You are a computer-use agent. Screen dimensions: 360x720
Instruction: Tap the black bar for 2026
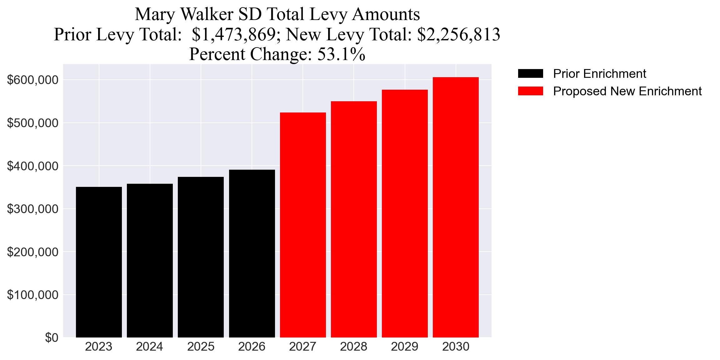(252, 253)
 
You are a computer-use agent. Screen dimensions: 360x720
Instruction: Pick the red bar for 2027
(303, 225)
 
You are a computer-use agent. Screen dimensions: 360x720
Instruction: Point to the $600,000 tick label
(32, 80)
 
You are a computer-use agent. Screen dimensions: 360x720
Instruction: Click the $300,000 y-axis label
(32, 209)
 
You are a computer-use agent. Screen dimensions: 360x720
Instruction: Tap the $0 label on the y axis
(52, 338)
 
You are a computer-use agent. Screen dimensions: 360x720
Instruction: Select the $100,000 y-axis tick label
(32, 295)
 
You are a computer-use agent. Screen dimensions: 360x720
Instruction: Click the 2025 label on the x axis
(201, 347)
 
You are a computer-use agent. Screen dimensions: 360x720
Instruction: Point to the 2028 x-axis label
(353, 347)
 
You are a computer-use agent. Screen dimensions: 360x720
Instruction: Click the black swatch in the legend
(530, 74)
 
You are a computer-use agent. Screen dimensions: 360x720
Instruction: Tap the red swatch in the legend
(530, 91)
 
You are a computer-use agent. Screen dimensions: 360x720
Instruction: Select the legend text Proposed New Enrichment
(627, 91)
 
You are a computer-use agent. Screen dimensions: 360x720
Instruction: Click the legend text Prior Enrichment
(599, 74)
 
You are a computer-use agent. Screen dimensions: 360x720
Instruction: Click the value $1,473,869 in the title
(233, 34)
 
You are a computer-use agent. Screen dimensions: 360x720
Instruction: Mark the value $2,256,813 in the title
(458, 34)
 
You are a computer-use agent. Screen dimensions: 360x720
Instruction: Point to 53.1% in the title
(341, 54)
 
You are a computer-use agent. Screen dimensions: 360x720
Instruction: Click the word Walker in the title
(207, 14)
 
